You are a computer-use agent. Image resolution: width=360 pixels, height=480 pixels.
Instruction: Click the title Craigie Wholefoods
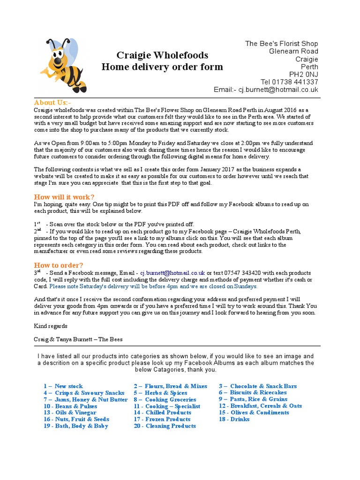[162, 55]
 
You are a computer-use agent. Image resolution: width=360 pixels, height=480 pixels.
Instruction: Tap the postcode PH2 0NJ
[303, 74]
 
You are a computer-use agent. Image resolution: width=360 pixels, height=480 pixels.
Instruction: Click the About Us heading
[52, 103]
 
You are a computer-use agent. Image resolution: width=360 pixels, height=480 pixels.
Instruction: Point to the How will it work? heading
[64, 197]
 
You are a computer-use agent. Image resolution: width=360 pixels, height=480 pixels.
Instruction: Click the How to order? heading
[59, 265]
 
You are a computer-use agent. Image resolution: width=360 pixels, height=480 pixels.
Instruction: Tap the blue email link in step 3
[172, 272]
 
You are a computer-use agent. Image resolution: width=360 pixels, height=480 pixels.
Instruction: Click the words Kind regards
[51, 326]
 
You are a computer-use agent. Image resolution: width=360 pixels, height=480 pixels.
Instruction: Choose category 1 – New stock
[63, 386]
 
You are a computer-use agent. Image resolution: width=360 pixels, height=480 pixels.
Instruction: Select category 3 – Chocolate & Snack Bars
[257, 386]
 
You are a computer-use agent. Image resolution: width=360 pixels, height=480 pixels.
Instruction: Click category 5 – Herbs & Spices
[160, 393]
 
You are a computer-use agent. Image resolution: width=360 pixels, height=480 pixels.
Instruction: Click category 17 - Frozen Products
[162, 419]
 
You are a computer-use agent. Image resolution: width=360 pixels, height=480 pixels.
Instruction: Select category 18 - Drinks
[234, 419]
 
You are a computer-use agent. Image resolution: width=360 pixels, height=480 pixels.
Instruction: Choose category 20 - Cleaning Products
[165, 426]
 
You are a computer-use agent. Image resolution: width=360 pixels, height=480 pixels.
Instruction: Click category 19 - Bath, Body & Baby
[75, 426]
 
